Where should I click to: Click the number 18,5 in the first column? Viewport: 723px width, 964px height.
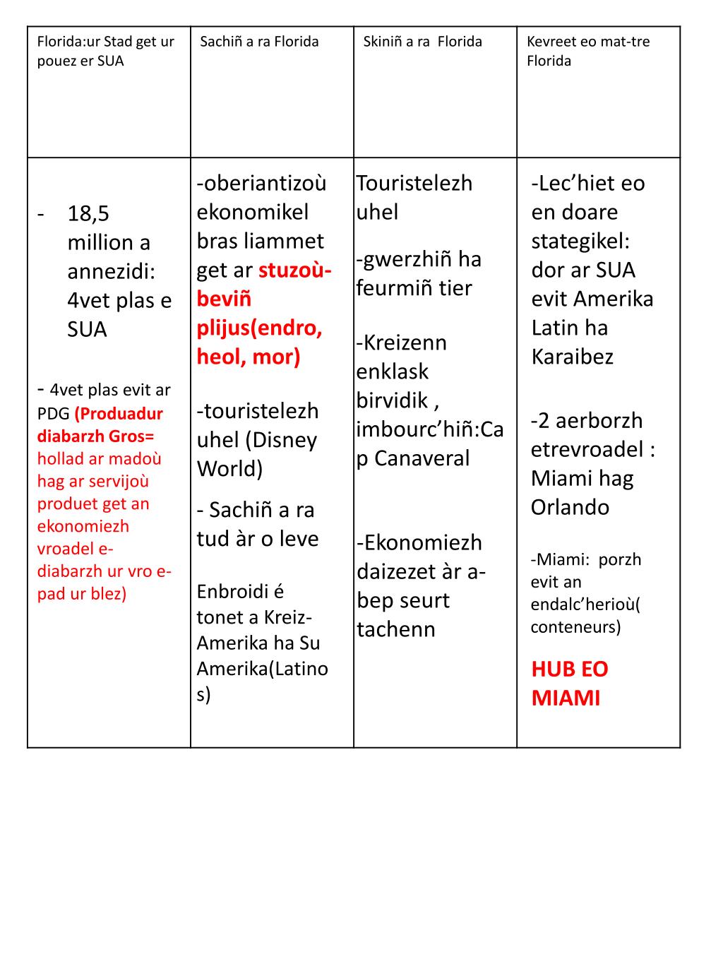[88, 213]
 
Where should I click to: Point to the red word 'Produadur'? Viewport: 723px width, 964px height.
[119, 414]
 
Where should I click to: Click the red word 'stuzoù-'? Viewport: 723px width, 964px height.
[295, 270]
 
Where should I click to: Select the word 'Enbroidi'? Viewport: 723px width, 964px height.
[231, 592]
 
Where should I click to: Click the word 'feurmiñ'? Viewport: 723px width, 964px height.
[395, 288]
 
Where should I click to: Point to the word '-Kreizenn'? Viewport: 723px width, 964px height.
[402, 343]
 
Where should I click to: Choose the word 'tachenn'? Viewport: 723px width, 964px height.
[396, 629]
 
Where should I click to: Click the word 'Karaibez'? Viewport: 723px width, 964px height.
[573, 357]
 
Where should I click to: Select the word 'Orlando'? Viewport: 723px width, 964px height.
[570, 507]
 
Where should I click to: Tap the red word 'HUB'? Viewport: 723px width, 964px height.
[554, 669]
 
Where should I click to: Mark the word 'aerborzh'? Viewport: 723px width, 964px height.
[599, 421]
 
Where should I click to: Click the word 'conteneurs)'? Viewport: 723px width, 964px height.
[575, 626]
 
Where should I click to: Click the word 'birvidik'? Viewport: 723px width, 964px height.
[392, 401]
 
